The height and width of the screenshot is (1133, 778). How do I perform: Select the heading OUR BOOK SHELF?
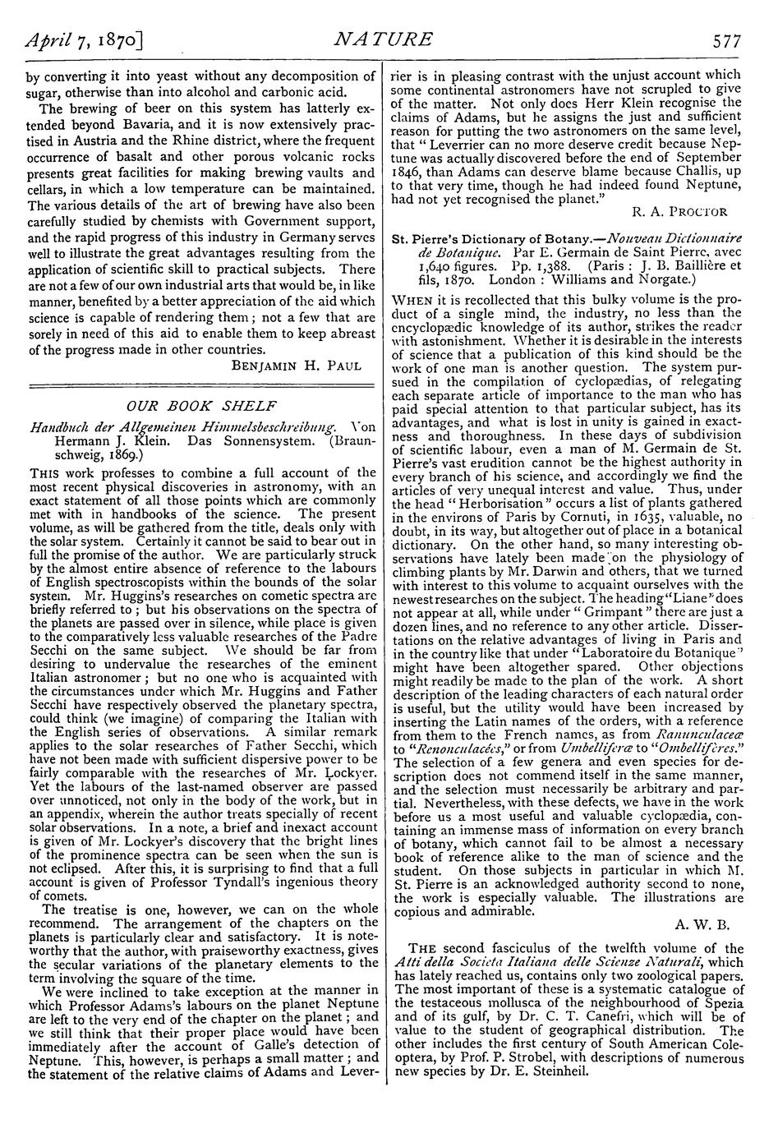coord(201,405)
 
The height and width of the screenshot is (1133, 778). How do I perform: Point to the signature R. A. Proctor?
coord(682,211)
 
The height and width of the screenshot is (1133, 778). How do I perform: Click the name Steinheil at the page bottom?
coord(551,1071)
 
